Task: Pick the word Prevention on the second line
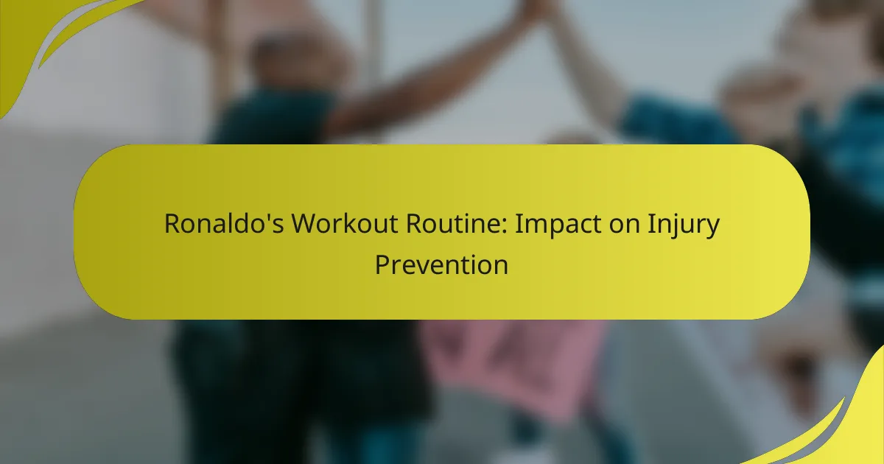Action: click(441, 264)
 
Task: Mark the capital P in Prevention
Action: click(382, 264)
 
